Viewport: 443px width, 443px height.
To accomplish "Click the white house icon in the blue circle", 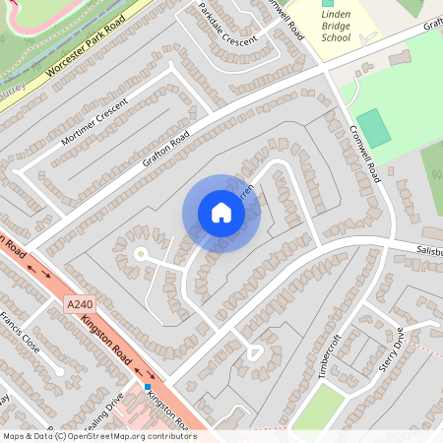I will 221,213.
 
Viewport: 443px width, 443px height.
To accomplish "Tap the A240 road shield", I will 85,307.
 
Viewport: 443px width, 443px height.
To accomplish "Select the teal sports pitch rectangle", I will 373,129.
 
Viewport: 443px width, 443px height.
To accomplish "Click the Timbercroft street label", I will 330,355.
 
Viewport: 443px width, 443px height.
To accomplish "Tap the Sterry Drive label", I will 392,349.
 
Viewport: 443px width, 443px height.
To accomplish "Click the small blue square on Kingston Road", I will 148,387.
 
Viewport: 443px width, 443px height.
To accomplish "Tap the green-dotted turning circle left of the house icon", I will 140,254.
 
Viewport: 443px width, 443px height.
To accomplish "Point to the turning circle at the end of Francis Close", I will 60,371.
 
